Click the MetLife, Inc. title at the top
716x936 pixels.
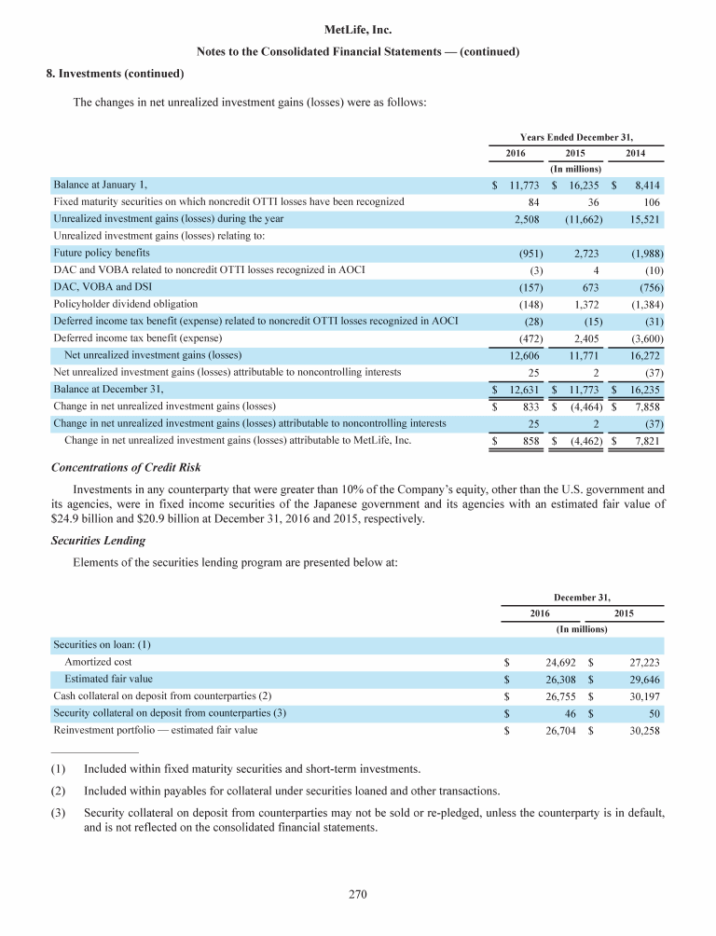(x=357, y=30)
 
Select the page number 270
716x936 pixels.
(x=358, y=896)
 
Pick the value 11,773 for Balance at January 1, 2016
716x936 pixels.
(x=519, y=186)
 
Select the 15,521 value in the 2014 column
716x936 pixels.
(x=642, y=218)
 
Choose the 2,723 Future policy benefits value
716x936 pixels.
(x=585, y=254)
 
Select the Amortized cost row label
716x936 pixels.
(x=96, y=661)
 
